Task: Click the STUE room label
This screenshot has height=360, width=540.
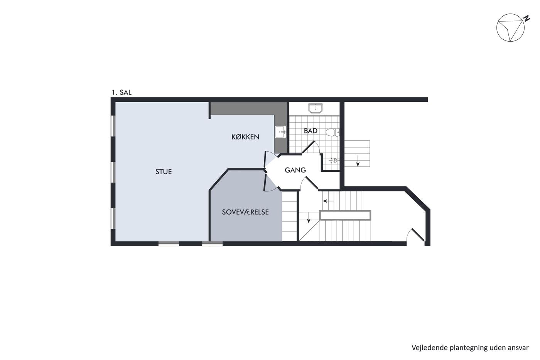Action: pyautogui.click(x=164, y=172)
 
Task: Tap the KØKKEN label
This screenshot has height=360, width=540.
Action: pyautogui.click(x=245, y=137)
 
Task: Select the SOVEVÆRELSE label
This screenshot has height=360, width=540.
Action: pyautogui.click(x=245, y=212)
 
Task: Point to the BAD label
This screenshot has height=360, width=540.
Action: pyautogui.click(x=310, y=131)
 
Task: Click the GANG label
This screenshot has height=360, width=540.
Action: pyautogui.click(x=295, y=170)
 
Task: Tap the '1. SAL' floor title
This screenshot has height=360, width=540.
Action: pyautogui.click(x=122, y=92)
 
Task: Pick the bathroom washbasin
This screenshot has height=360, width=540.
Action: pyautogui.click(x=315, y=108)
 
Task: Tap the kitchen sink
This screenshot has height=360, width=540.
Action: pyautogui.click(x=280, y=132)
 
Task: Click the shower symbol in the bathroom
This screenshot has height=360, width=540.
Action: pyautogui.click(x=334, y=160)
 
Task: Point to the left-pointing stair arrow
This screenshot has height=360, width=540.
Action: pyautogui.click(x=328, y=201)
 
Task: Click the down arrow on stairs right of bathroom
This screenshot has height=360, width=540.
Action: pyautogui.click(x=358, y=161)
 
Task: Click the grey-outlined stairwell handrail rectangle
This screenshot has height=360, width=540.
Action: pyautogui.click(x=345, y=215)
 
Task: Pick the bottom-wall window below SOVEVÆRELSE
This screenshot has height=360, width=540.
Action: pyautogui.click(x=212, y=243)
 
